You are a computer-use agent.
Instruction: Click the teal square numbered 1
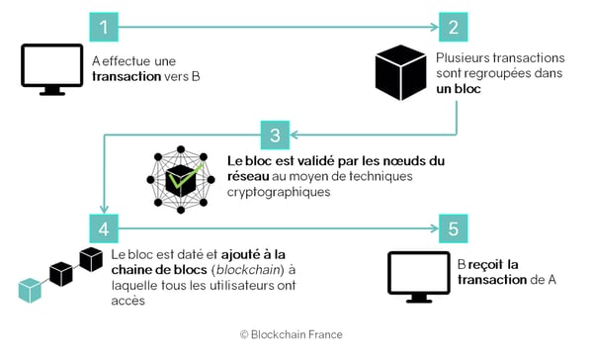pyautogui.click(x=104, y=27)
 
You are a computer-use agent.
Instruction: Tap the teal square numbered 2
pyautogui.click(x=453, y=27)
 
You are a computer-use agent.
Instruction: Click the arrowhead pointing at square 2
pyautogui.click(x=434, y=27)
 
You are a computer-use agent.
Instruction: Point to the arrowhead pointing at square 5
pyautogui.click(x=434, y=228)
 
